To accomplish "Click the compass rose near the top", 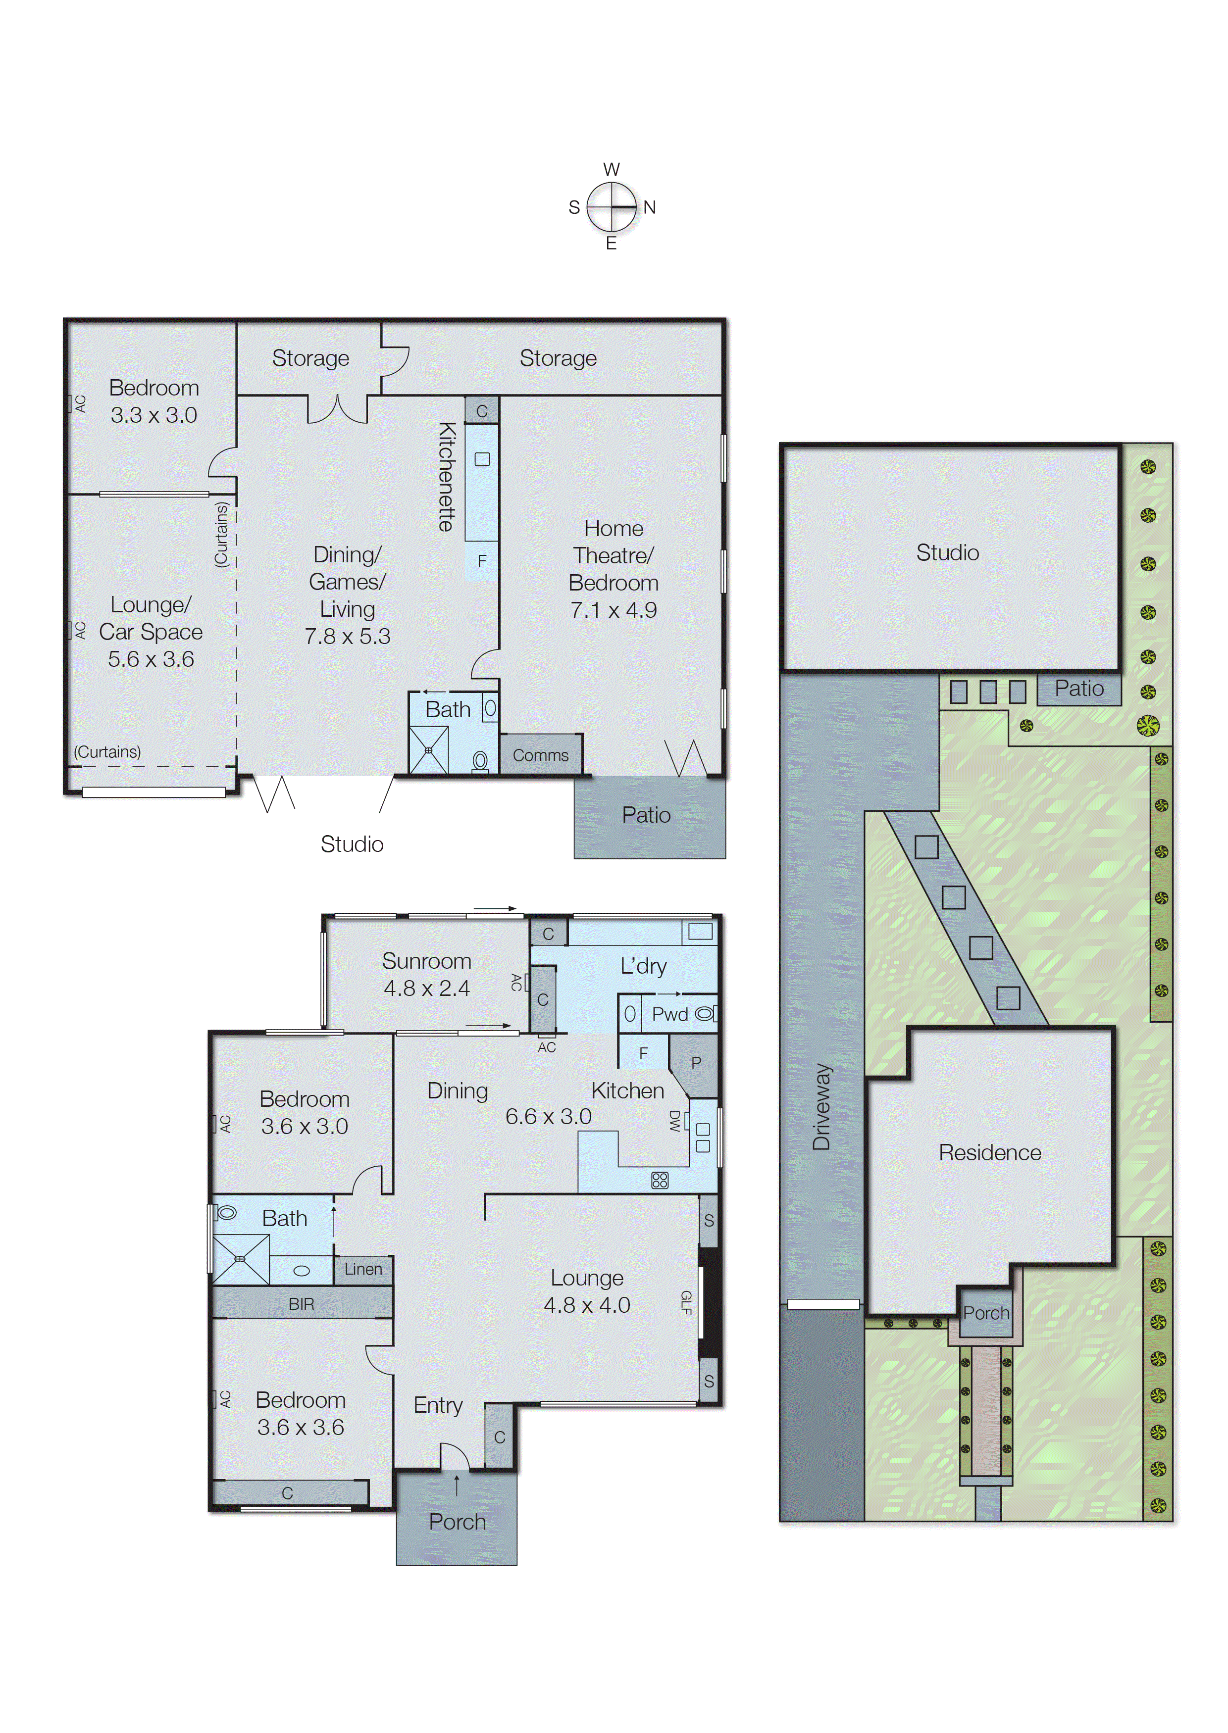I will (x=612, y=206).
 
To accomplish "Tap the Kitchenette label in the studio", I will (x=447, y=476).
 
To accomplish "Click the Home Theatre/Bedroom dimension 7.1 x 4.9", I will (x=613, y=610).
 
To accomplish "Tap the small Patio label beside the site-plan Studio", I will (x=1078, y=689).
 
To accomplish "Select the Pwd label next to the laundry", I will (x=669, y=1014).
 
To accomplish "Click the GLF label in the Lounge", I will (x=686, y=1302).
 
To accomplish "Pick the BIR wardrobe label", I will (x=301, y=1304).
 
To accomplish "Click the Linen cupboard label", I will (x=363, y=1269).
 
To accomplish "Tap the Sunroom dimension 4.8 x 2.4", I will (x=426, y=988).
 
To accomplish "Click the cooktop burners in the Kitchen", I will (x=660, y=1180).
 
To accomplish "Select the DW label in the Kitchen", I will (x=674, y=1121).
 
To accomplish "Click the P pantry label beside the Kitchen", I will (x=696, y=1063).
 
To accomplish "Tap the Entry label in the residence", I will (x=438, y=1405).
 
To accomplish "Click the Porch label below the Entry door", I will (x=457, y=1521).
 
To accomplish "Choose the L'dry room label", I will (x=643, y=966).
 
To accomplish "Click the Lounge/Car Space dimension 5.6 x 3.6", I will (x=151, y=659).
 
